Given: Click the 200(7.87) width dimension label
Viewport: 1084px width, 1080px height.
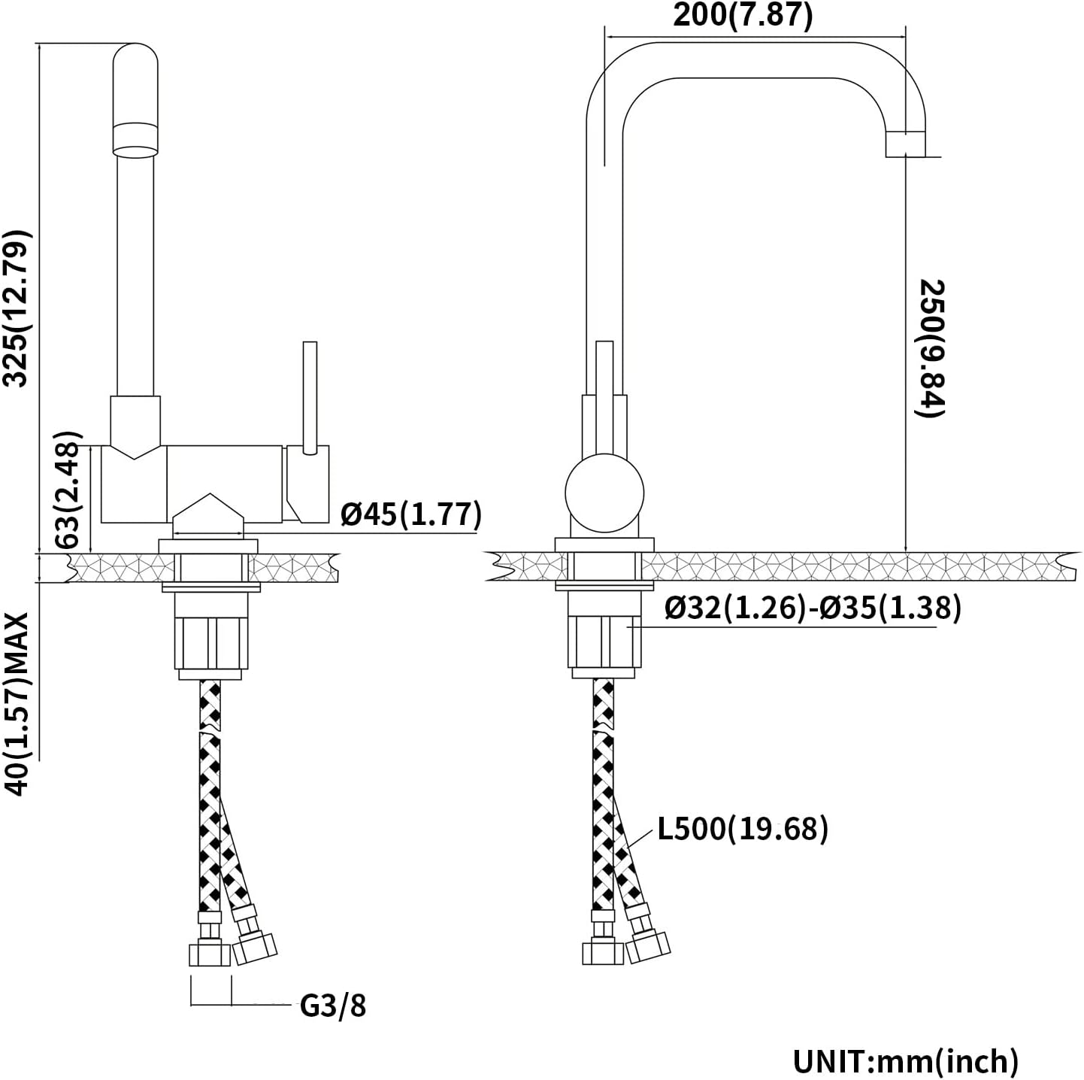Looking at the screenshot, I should [x=742, y=15].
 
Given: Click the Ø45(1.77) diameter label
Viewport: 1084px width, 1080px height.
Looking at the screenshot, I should [x=410, y=514].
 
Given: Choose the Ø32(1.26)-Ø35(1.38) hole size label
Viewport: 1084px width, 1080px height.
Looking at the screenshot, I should [x=813, y=608].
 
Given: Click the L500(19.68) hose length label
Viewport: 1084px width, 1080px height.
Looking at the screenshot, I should [x=743, y=828].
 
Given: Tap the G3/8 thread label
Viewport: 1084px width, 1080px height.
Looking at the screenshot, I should [x=332, y=1005].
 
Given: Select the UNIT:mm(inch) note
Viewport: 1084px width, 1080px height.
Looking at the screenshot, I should [x=906, y=1060].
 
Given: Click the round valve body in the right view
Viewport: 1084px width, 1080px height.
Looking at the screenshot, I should [x=604, y=493].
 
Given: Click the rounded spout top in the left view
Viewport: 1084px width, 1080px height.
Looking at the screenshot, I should [x=135, y=83].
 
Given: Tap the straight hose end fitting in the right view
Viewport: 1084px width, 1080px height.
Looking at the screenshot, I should [x=602, y=949].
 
